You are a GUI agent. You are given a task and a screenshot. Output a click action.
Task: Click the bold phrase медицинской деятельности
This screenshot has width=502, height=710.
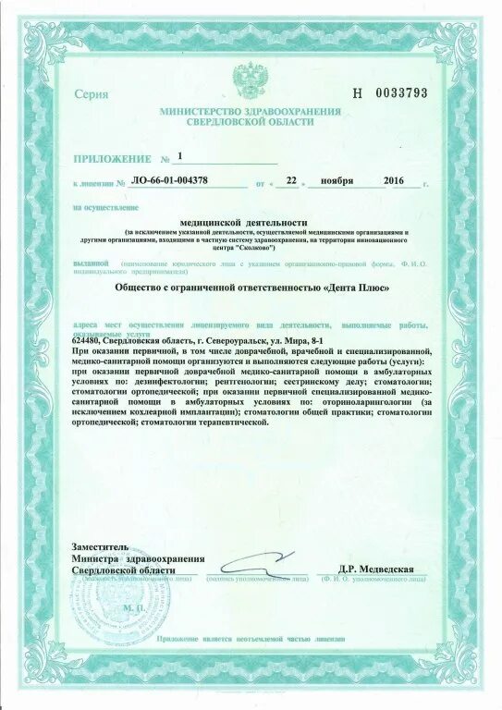tap(249, 223)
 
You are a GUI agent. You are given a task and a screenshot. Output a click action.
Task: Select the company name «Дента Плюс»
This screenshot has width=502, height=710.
tap(354, 288)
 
